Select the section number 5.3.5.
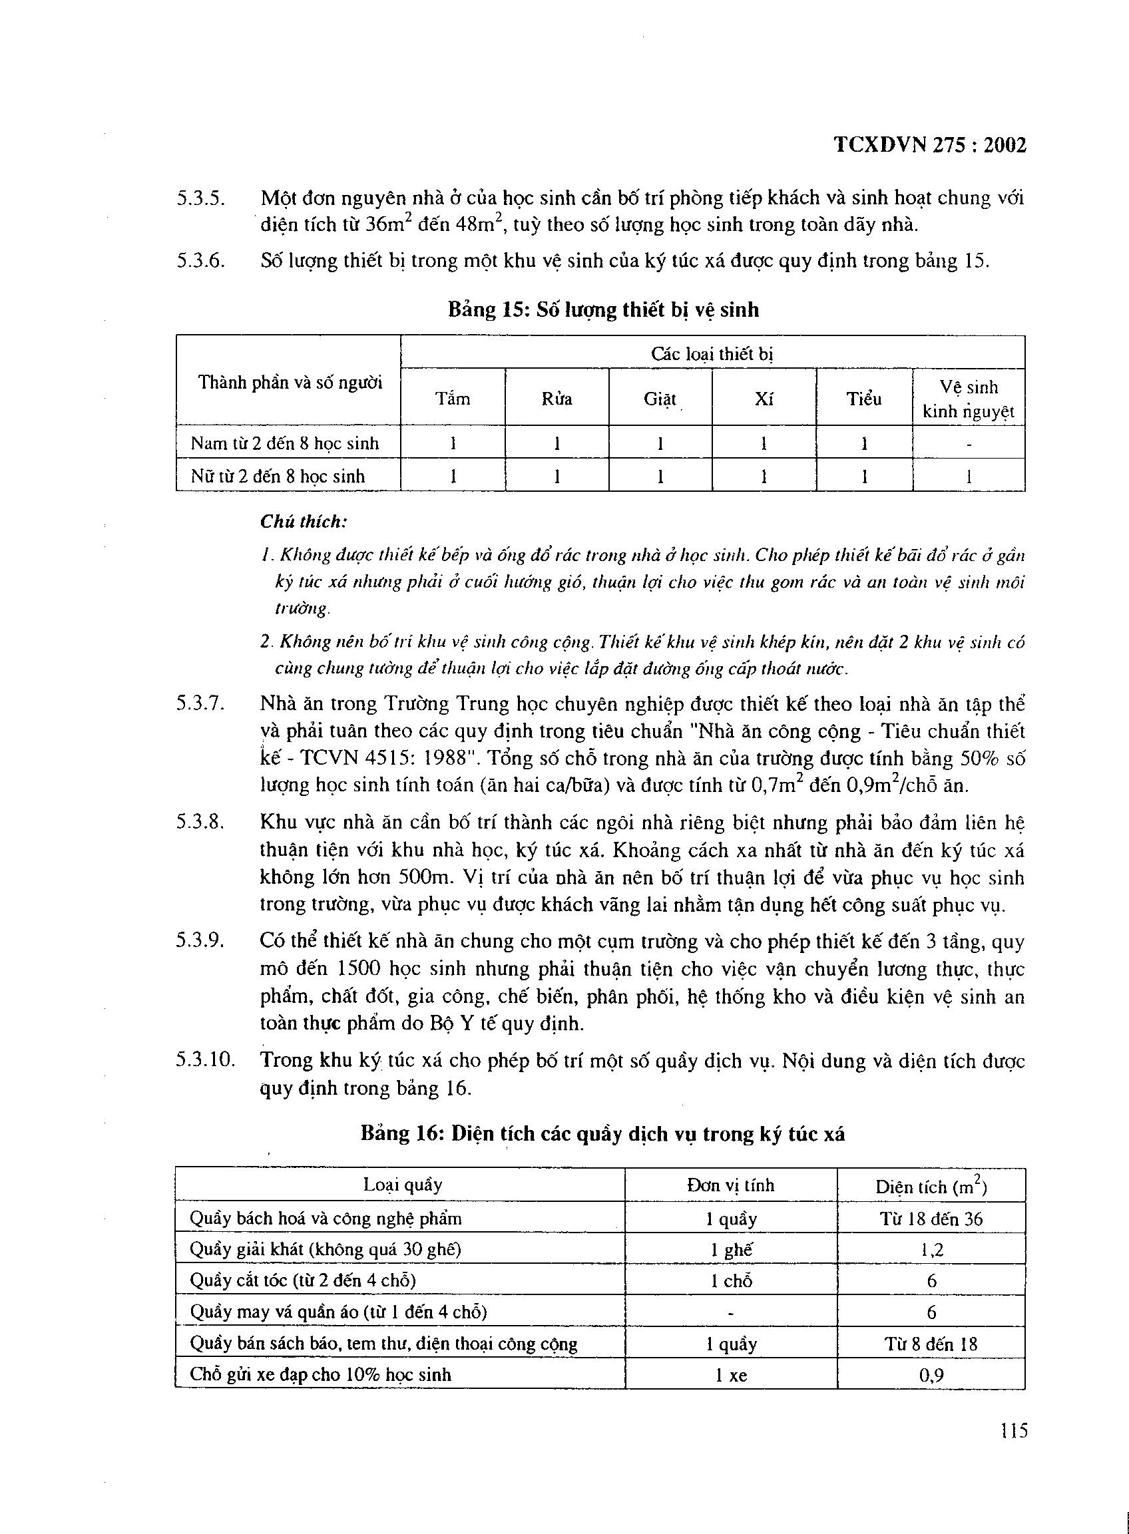[x=201, y=198]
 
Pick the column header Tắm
[x=453, y=399]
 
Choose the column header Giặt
[x=660, y=399]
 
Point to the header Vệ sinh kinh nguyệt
[x=969, y=399]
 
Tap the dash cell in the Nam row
[x=969, y=444]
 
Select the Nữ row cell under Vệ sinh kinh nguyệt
[x=969, y=477]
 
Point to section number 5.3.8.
[x=201, y=823]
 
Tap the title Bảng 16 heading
[x=602, y=1134]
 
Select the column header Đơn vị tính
[x=730, y=1185]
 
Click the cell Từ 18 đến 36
[x=931, y=1219]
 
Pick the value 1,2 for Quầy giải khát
[x=931, y=1250]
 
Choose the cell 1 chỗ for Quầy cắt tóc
[x=730, y=1281]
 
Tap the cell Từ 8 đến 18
[x=931, y=1344]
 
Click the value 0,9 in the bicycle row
[x=931, y=1375]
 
